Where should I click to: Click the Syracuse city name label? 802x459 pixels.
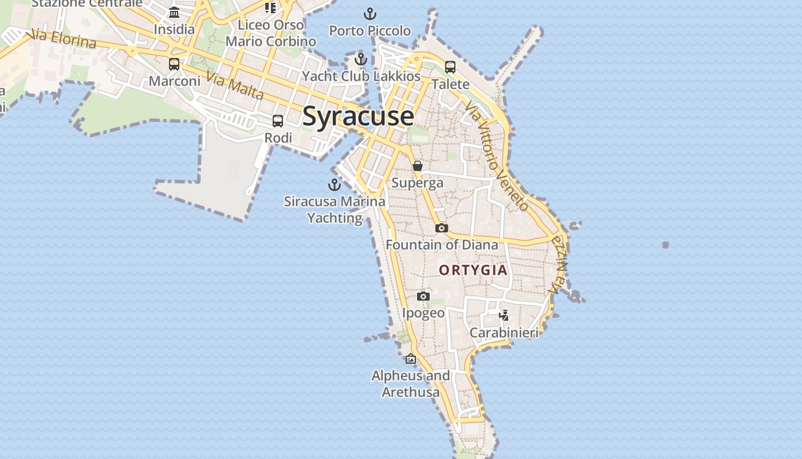click(x=357, y=116)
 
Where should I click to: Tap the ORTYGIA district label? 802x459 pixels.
click(x=473, y=270)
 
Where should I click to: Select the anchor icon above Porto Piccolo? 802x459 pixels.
click(x=370, y=14)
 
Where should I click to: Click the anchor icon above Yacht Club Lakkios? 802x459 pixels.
click(x=361, y=59)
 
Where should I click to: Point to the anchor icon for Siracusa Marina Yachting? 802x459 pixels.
click(x=334, y=185)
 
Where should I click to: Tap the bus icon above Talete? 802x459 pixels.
click(x=450, y=67)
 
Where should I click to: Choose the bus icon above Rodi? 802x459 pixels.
click(x=278, y=121)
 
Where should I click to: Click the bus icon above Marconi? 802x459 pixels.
click(x=174, y=64)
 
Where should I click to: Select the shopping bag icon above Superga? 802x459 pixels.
click(x=418, y=166)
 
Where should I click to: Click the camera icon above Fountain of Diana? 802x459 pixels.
click(x=441, y=228)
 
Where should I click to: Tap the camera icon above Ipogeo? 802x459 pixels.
click(x=423, y=296)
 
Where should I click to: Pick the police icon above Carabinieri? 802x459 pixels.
click(x=504, y=315)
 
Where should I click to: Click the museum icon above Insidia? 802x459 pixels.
click(x=174, y=13)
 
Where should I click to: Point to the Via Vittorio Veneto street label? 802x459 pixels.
click(x=496, y=156)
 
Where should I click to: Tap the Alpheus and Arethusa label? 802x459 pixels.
click(x=411, y=384)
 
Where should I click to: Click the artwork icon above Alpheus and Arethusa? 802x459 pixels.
click(x=411, y=359)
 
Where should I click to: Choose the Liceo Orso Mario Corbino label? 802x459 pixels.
click(x=270, y=33)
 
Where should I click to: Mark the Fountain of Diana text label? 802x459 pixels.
click(x=442, y=245)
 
